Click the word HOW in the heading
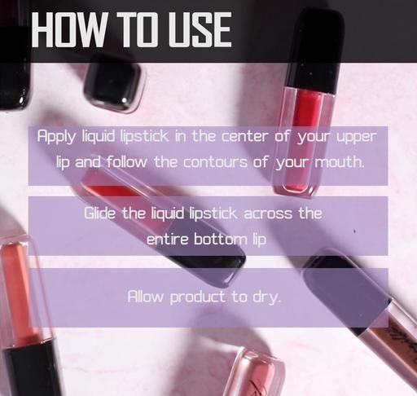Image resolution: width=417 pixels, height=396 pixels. (x=68, y=30)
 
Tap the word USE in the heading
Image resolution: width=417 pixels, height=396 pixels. (x=200, y=30)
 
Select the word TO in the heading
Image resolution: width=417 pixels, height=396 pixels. (x=136, y=30)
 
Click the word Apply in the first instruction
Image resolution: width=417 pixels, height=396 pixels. (x=56, y=136)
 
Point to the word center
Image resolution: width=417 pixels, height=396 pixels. (x=245, y=136)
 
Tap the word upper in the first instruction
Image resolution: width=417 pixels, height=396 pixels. (x=357, y=137)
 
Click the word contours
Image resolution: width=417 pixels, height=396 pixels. (x=215, y=162)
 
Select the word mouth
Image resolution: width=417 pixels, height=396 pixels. (x=339, y=162)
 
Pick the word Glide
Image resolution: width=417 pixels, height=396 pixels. (x=99, y=213)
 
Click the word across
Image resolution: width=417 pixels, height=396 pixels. (x=268, y=213)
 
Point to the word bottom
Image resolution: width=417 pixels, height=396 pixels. (x=220, y=239)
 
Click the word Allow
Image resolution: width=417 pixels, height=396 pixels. (x=146, y=297)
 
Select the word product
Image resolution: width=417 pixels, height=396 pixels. (x=197, y=297)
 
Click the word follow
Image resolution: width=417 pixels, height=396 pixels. (x=126, y=162)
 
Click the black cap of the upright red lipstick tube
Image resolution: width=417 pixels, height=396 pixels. (x=315, y=51)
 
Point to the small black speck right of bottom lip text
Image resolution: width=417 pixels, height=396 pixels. (x=354, y=231)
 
